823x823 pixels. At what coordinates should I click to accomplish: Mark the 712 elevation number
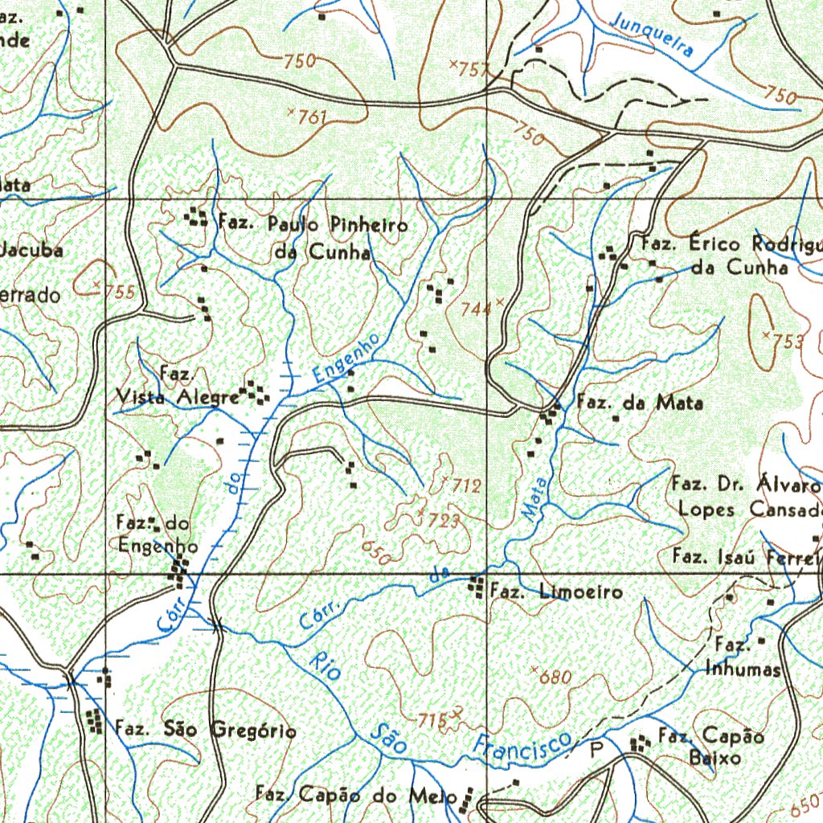pyautogui.click(x=465, y=485)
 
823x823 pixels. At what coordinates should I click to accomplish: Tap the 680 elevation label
pyautogui.click(x=555, y=678)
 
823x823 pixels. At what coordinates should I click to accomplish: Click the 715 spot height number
pyautogui.click(x=432, y=719)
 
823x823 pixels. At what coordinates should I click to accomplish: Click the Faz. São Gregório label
pyautogui.click(x=206, y=730)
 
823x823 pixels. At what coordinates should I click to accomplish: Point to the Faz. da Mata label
pyautogui.click(x=640, y=403)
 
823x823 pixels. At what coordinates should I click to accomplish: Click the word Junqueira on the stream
pyautogui.click(x=652, y=33)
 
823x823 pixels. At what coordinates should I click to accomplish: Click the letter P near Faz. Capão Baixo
pyautogui.click(x=596, y=751)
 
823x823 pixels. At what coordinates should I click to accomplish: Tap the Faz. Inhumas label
pyautogui.click(x=743, y=657)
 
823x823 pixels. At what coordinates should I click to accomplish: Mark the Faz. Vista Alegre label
pyautogui.click(x=178, y=387)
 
